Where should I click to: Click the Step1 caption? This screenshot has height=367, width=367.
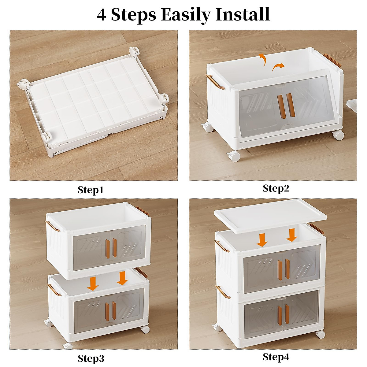click(91, 190)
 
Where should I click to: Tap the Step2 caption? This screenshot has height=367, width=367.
click(276, 188)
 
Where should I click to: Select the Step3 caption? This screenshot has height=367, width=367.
click(91, 358)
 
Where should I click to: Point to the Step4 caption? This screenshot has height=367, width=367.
click(276, 357)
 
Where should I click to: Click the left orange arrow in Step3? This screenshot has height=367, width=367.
click(93, 284)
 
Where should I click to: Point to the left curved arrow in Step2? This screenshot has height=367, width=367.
click(262, 59)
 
